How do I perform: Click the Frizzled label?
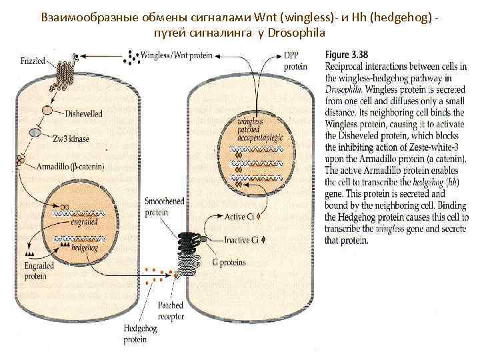(x=31, y=60)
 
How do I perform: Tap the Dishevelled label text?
(x=84, y=114)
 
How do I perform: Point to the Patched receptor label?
(x=171, y=309)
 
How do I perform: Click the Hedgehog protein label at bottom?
(x=142, y=334)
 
